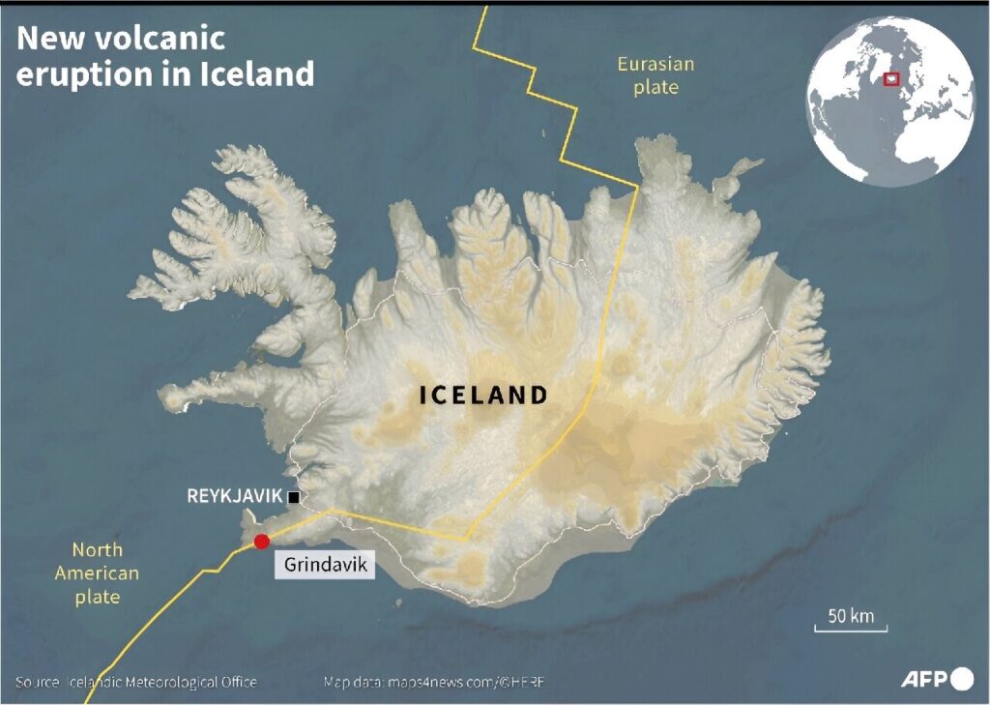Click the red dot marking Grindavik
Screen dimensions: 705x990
261,542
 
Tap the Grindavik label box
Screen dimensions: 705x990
326,565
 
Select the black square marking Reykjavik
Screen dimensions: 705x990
294,497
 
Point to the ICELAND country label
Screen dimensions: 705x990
483,395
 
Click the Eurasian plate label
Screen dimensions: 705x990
655,75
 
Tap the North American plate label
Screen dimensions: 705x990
97,573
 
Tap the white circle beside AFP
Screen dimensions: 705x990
962,679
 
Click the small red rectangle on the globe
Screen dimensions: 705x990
891,79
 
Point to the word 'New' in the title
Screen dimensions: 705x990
44,39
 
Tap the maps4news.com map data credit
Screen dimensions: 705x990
434,683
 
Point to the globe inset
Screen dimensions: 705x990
891,102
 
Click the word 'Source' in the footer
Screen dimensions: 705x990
37,683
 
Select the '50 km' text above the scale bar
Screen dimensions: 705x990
851,616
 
